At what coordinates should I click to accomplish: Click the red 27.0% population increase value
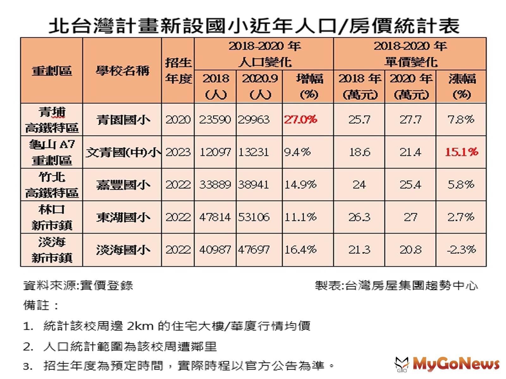coord(300,120)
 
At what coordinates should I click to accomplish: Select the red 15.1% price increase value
coord(461,152)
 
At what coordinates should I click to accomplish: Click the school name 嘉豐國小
coord(123,185)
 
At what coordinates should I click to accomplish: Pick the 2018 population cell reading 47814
coord(215,217)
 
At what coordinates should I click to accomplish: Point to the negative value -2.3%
coord(461,250)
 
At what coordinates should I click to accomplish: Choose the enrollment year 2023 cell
coord(178,152)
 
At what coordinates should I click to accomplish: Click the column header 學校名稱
coord(122,70)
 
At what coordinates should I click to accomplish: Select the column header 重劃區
coord(52,70)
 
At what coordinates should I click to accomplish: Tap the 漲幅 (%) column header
coord(461,86)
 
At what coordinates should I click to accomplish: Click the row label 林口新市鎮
coord(52,217)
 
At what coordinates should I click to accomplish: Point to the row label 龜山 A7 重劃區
coord(52,152)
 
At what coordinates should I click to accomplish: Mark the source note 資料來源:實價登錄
coord(78,286)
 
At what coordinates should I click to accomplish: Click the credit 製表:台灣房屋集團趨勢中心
coord(396,286)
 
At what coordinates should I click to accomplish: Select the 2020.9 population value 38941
coord(254,185)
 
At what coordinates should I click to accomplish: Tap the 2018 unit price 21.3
coord(359,250)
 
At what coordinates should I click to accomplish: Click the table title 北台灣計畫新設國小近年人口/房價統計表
coord(254,25)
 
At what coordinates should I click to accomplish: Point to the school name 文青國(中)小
coord(123,153)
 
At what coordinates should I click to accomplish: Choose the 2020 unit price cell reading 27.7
coord(410,120)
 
